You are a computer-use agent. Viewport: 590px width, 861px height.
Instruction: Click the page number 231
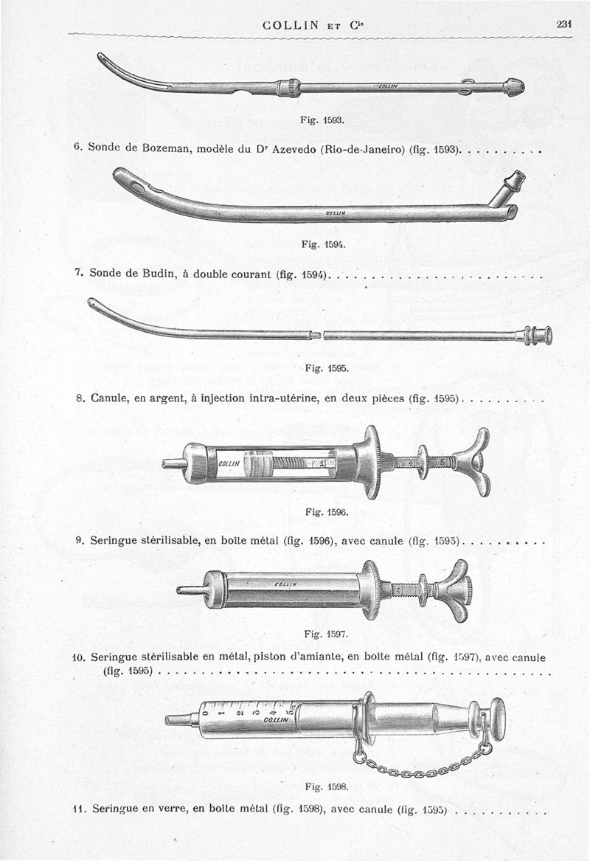coord(564,24)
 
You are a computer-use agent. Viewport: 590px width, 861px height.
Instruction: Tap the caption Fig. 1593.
coord(318,118)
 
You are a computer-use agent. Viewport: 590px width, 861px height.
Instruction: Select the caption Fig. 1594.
coord(319,243)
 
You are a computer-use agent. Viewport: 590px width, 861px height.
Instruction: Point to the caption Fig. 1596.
coord(321,511)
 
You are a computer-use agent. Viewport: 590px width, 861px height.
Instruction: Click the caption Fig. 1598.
coord(320,785)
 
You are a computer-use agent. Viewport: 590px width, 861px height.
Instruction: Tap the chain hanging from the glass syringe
coord(420,768)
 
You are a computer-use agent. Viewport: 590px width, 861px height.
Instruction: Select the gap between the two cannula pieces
coord(319,336)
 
